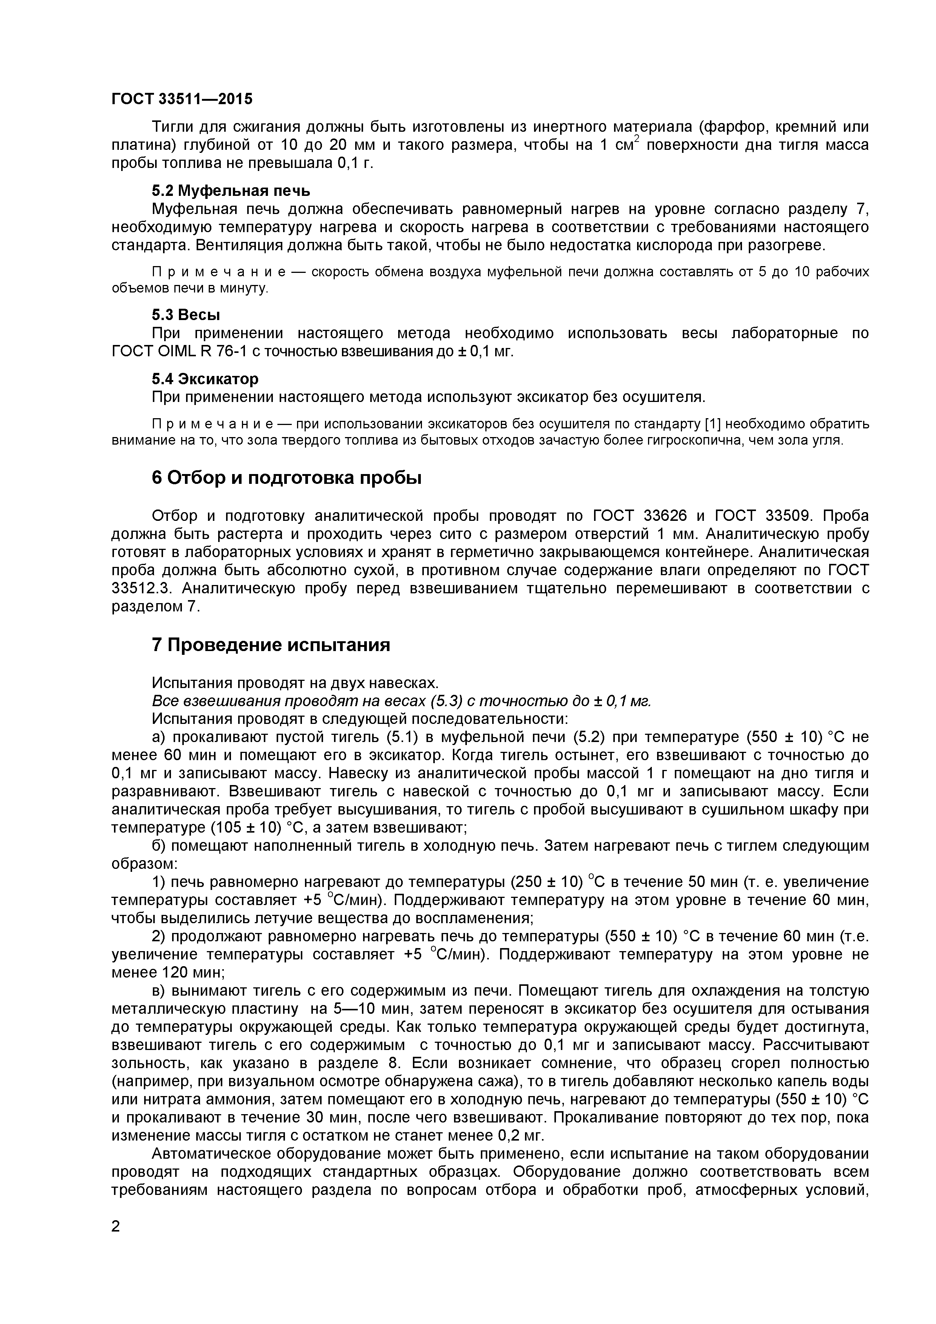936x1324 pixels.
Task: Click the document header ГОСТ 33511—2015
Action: tap(182, 99)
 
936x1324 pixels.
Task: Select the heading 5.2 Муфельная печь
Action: tap(231, 190)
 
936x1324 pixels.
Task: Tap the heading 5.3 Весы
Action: tap(186, 315)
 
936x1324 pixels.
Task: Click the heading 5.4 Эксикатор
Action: tap(205, 379)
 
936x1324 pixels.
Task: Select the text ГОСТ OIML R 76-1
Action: tap(176, 351)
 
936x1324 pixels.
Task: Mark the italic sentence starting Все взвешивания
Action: tap(402, 701)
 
